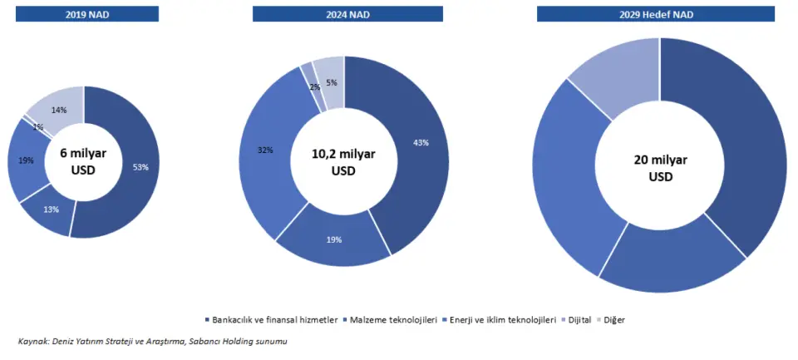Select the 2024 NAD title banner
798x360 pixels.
pos(343,13)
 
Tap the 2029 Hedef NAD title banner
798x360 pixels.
pos(659,13)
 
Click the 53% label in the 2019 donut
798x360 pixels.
pos(140,167)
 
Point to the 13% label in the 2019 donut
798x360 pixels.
pos(52,209)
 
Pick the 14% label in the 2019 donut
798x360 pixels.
pos(59,110)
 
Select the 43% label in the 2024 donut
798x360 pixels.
pos(421,143)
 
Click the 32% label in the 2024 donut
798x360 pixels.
pos(267,150)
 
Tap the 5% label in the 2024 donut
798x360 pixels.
pos(332,82)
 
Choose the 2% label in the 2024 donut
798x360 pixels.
pos(315,86)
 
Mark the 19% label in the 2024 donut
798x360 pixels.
pos(335,239)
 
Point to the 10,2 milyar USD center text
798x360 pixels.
pos(343,162)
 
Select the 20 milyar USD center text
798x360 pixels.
pos(660,168)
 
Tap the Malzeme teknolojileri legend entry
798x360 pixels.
pos(394,320)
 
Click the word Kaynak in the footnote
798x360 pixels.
pos(33,342)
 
